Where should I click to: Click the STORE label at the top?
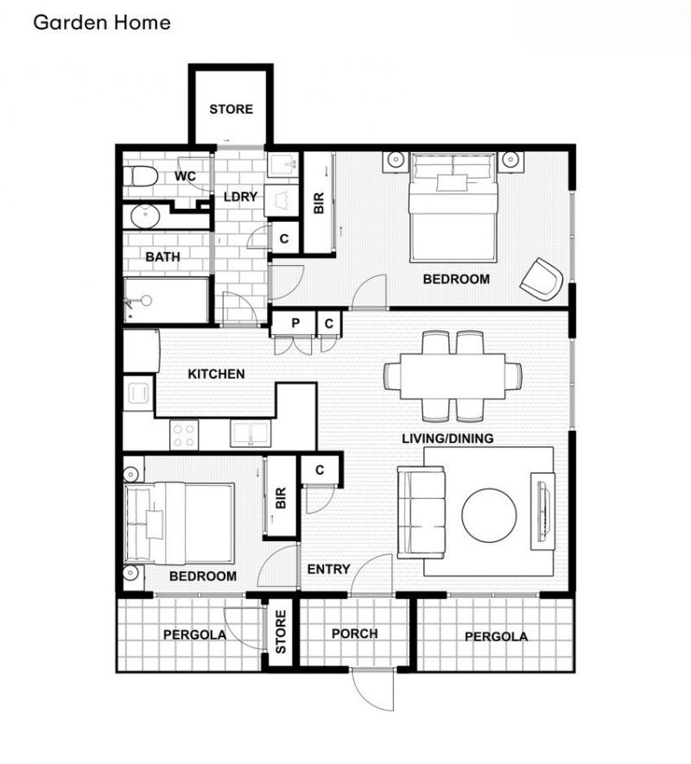coord(231,109)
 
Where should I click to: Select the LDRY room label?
coord(240,197)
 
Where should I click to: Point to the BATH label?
coord(162,256)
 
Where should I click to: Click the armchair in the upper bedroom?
coord(542,278)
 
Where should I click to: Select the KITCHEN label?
coord(217,374)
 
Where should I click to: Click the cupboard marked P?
coord(295,324)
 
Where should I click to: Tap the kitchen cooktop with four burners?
coord(184,433)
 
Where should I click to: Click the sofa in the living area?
coord(421,512)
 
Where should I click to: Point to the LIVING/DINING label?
coord(447,439)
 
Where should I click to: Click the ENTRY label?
coord(328,569)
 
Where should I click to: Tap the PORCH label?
coord(354,633)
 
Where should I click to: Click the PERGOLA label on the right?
coord(496,637)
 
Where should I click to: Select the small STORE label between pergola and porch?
coord(280,633)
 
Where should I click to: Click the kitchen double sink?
coord(251,433)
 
